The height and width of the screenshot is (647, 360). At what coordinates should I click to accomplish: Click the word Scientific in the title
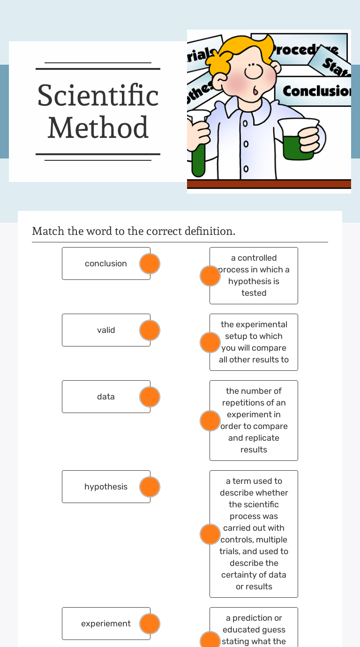point(98,95)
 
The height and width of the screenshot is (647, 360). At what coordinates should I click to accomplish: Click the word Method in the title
point(98,128)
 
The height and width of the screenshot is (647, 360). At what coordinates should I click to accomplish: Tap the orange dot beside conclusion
point(150,263)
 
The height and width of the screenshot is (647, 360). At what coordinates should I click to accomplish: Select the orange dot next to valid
point(150,330)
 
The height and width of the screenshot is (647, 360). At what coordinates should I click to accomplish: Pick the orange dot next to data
point(150,397)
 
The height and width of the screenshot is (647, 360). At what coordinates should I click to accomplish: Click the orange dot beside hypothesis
point(150,487)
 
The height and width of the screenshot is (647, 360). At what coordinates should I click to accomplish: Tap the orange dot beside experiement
point(150,624)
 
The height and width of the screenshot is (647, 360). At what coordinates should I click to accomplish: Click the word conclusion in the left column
point(106,263)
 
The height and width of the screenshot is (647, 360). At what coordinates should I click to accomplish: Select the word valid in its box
point(106,330)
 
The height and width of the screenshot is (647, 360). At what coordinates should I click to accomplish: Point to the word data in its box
point(106,397)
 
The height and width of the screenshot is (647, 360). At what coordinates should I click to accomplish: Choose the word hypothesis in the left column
point(106,487)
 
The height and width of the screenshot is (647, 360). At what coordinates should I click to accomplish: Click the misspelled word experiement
point(106,624)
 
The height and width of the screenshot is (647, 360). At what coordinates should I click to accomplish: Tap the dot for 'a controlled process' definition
point(210,276)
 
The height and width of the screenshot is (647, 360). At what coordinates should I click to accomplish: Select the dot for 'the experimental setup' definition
point(210,342)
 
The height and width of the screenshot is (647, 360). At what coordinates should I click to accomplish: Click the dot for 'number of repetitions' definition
point(210,421)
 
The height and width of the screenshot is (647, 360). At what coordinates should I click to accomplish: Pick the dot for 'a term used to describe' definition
point(210,534)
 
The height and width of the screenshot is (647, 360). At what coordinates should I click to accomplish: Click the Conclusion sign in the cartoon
point(316,90)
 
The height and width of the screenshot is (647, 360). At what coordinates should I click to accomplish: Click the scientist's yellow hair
point(239,47)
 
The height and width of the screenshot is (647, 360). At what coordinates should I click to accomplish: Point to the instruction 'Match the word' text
point(134,231)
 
